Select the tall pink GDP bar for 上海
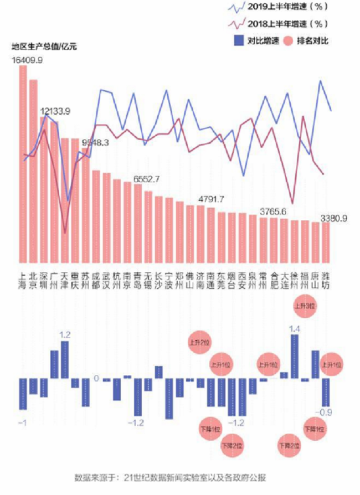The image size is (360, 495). click(x=23, y=166)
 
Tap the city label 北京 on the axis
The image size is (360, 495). click(x=33, y=280)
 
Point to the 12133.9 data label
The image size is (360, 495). click(x=55, y=111)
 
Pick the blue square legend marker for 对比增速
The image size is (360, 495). click(x=238, y=40)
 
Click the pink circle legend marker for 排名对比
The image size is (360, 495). click(x=287, y=40)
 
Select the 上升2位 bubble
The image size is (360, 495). click(x=199, y=342)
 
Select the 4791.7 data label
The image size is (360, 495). click(x=211, y=199)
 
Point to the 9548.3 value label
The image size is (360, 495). click(x=96, y=142)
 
